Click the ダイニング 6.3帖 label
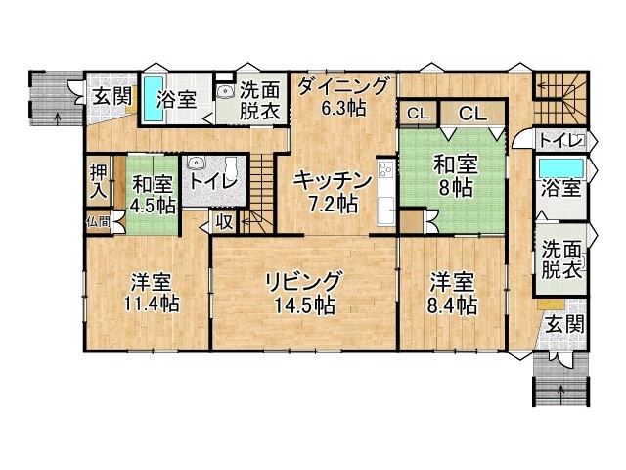coord(343,96)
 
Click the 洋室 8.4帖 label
coord(453,294)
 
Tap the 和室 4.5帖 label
coord(153,194)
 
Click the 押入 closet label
coord(99,183)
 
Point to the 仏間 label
coord(98,222)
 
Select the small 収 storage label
coord(223,222)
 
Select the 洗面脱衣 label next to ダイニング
coord(261,100)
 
